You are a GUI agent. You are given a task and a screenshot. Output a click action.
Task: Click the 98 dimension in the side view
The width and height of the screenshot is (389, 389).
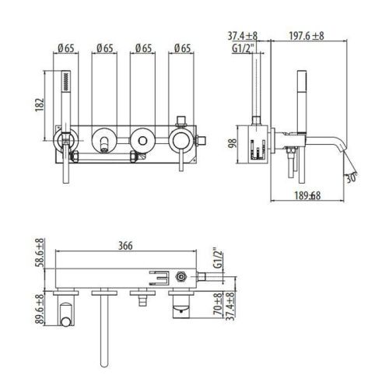(231, 142)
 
